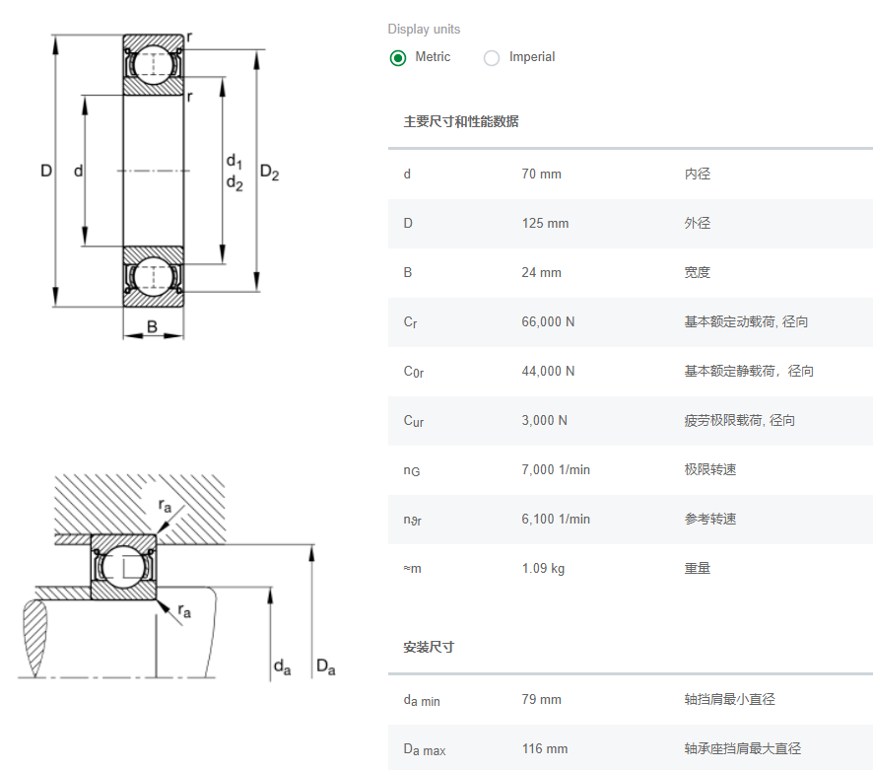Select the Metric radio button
coord(398,58)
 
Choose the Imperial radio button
coord(492,58)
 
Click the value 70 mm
coord(541,175)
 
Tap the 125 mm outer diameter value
coord(545,224)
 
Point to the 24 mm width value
coord(541,273)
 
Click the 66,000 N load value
coord(548,322)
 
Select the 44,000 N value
coord(548,372)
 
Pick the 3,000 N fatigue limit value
coord(544,421)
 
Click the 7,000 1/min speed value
coord(556,470)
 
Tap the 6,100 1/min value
coord(556,520)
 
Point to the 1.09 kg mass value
coord(543,569)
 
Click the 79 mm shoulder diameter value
coord(541,700)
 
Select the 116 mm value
coord(545,749)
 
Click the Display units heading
coord(424,30)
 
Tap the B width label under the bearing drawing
coord(153,327)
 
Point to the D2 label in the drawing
coord(269,173)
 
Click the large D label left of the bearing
coord(46,171)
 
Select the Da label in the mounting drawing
coord(325,667)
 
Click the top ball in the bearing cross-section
coord(154,64)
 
